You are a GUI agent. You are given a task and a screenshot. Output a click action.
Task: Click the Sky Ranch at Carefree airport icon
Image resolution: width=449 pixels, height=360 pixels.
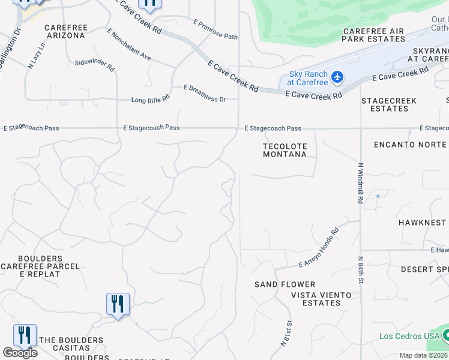pyautogui.click(x=337, y=77)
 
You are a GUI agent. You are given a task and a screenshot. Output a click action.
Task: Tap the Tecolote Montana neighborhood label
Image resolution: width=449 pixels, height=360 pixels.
pyautogui.click(x=285, y=150)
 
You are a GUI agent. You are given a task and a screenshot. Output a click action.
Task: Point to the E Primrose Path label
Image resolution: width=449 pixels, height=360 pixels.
pyautogui.click(x=215, y=29)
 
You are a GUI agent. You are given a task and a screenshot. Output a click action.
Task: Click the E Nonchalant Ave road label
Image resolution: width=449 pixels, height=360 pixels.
pyautogui.click(x=128, y=45)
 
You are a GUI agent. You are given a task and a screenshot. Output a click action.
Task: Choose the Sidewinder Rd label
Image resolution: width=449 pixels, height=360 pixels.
pyautogui.click(x=94, y=65)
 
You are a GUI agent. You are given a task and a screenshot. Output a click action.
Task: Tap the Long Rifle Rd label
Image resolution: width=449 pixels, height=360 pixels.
pyautogui.click(x=151, y=98)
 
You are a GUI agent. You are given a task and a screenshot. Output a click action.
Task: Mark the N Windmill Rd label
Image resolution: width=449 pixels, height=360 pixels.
pyautogui.click(x=361, y=183)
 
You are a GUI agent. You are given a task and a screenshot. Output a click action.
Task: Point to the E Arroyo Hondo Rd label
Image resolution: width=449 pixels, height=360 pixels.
pyautogui.click(x=319, y=248)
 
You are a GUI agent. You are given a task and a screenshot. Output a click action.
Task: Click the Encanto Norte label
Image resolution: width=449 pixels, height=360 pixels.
pyautogui.click(x=410, y=145)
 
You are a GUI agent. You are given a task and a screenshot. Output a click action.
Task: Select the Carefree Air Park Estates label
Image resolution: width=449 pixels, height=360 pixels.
pyautogui.click(x=374, y=35)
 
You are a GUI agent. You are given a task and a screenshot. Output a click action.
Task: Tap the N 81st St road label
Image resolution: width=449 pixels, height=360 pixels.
pyautogui.click(x=288, y=337)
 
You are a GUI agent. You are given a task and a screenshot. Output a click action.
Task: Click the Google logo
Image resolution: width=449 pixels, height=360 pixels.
pyautogui.click(x=20, y=353)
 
